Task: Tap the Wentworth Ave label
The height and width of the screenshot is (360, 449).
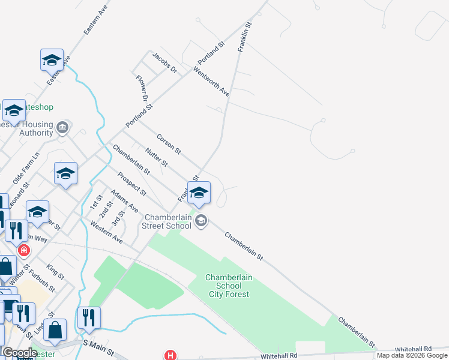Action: click(211, 82)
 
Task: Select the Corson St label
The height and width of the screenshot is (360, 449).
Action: click(169, 142)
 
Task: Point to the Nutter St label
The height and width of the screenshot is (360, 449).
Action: click(156, 157)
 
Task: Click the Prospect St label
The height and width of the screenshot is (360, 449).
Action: click(131, 184)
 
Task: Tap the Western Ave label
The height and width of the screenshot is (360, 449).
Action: click(106, 232)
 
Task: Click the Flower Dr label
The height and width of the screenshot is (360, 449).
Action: click(142, 88)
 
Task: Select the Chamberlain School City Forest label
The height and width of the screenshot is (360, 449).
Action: click(229, 286)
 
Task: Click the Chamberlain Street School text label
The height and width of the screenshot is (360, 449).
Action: click(166, 221)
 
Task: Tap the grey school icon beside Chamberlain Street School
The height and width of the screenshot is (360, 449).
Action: click(201, 221)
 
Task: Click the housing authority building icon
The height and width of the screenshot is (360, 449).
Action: click(62, 127)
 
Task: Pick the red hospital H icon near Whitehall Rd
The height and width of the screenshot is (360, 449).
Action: click(170, 355)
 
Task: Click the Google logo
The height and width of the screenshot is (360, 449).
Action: click(19, 353)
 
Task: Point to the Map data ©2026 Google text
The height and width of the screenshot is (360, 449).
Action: click(412, 355)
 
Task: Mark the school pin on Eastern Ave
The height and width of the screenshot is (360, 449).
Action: click(52, 61)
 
